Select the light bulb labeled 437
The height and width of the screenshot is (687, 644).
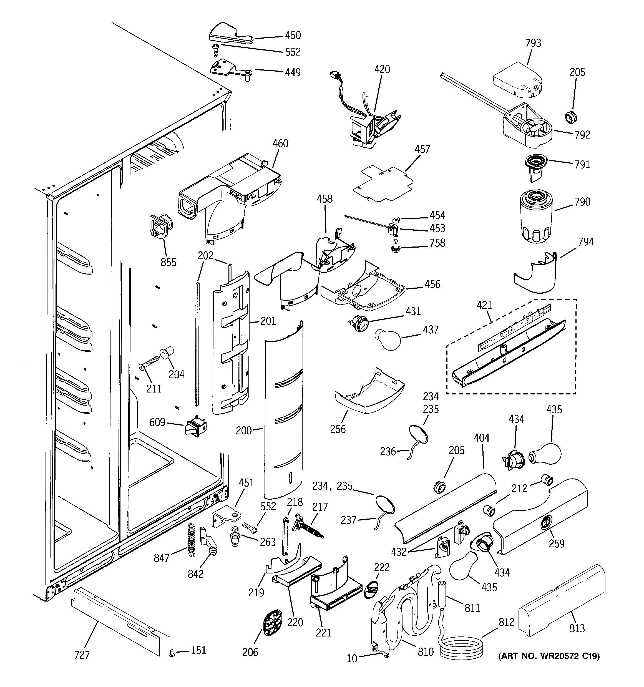pyautogui.click(x=388, y=339)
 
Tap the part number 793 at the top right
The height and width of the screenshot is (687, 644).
pyautogui.click(x=533, y=43)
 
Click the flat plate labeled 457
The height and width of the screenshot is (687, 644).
pyautogui.click(x=384, y=184)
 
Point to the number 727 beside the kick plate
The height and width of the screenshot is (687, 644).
pyautogui.click(x=82, y=655)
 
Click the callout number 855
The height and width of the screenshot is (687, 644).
pyautogui.click(x=168, y=262)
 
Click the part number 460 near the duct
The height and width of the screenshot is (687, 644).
pyautogui.click(x=280, y=144)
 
